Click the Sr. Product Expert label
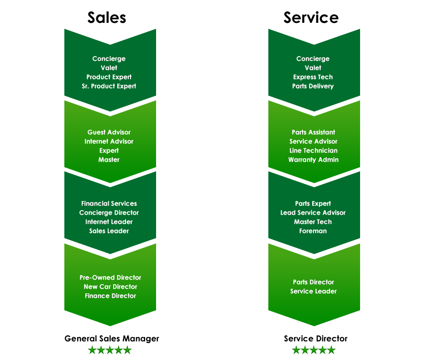tap(109, 86)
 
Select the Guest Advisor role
tap(109, 132)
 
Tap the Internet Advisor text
tap(109, 142)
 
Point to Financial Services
tap(109, 204)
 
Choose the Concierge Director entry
tap(109, 213)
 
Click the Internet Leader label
tap(109, 222)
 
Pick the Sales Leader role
tap(109, 231)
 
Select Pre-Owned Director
tap(110, 278)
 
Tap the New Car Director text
tap(110, 287)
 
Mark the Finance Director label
tap(110, 296)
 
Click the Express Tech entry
tap(313, 77)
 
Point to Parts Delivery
tap(313, 86)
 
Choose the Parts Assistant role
tap(314, 132)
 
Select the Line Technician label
tap(314, 151)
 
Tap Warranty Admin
tap(314, 160)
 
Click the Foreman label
tap(313, 231)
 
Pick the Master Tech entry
tap(313, 222)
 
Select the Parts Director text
tap(314, 282)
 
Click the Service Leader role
tap(314, 291)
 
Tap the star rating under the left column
tap(110, 350)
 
